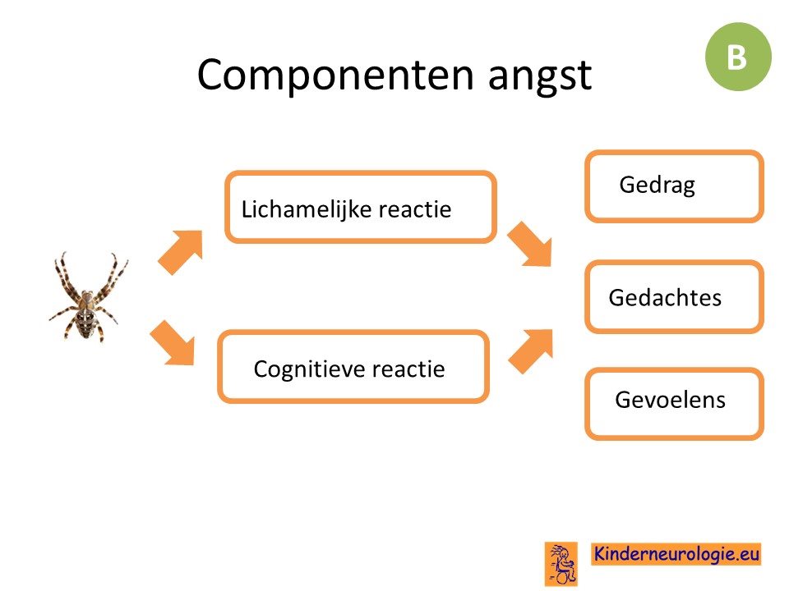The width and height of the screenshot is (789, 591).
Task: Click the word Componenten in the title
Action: pos(335,76)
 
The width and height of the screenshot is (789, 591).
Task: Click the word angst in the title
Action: pos(540,76)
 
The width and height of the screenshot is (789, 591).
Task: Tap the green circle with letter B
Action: pos(738,57)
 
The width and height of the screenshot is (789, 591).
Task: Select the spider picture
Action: pos(89,296)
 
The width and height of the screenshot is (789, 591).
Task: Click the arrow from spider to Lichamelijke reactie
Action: pos(180,252)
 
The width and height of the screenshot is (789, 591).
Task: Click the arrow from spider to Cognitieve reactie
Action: pos(173,343)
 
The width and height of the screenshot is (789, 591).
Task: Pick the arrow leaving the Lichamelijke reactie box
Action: pos(530,244)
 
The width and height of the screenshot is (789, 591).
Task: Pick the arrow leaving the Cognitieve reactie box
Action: pos(531,351)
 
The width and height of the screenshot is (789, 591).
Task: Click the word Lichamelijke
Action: pos(307,209)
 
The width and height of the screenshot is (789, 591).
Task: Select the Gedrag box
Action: pos(674,186)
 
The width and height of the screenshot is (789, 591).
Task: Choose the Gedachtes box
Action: pos(674,296)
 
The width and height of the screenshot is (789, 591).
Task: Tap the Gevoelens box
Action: pos(674,404)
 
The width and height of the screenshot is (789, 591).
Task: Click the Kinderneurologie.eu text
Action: pos(676,554)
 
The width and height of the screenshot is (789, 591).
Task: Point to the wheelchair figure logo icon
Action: pos(561,564)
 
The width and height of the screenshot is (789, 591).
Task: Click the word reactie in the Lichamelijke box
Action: pos(414,209)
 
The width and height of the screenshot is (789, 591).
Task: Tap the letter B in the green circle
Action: pos(736,57)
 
